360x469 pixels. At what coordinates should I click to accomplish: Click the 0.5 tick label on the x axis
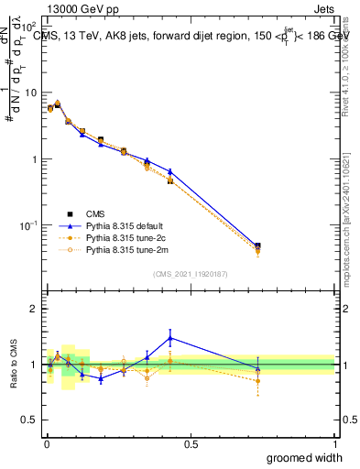191,443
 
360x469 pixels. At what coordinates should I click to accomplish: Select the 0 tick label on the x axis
47,443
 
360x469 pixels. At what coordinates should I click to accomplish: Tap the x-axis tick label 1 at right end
334,443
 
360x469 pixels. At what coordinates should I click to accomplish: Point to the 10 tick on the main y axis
31,93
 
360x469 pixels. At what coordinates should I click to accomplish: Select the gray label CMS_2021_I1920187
191,274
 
